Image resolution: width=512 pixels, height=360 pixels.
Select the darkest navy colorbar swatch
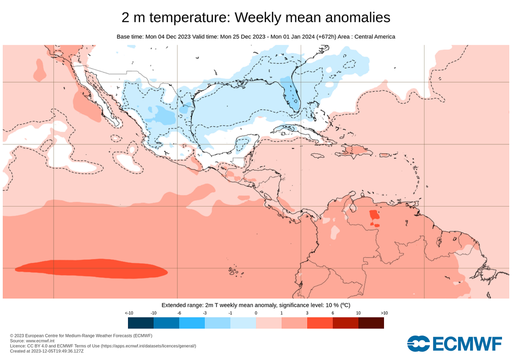(140, 323)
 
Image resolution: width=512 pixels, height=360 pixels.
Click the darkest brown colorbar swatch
(371, 323)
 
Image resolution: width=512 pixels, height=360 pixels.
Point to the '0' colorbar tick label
(255, 312)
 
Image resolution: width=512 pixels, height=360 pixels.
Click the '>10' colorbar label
(383, 312)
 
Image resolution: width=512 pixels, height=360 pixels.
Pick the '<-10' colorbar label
(128, 312)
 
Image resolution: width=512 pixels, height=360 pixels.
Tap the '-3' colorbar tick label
(204, 312)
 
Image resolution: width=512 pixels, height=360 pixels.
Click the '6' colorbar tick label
(332, 312)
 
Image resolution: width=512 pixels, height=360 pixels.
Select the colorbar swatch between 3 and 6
(320, 323)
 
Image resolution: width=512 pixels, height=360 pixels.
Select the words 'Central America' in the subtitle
(375, 36)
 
